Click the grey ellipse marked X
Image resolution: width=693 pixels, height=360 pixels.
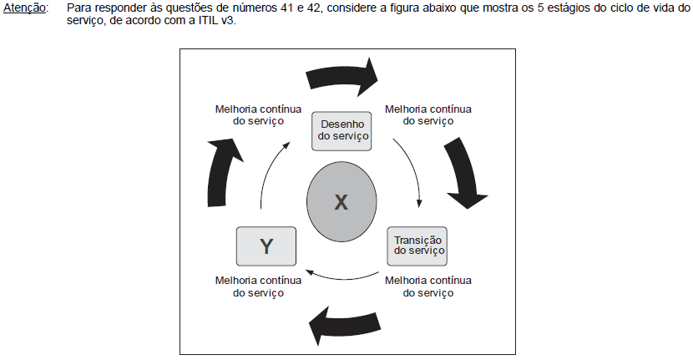click(x=341, y=201)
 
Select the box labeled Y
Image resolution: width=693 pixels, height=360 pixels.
click(x=266, y=246)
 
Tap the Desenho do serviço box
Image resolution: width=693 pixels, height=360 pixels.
click(x=341, y=131)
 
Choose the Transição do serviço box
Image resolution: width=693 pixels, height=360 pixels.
click(x=417, y=246)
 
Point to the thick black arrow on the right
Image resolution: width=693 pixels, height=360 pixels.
click(x=464, y=172)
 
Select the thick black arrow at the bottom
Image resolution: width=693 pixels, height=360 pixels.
click(x=344, y=327)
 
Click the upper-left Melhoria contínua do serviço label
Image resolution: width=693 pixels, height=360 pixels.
click(x=258, y=115)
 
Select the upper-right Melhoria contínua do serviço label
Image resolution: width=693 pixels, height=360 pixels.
click(x=427, y=115)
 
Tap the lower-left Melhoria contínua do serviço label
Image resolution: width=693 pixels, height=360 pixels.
click(x=258, y=286)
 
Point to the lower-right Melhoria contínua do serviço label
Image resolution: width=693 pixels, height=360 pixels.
click(x=427, y=286)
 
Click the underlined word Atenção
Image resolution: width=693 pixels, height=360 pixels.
click(x=25, y=8)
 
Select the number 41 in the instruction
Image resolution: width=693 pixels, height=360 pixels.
click(x=287, y=8)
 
